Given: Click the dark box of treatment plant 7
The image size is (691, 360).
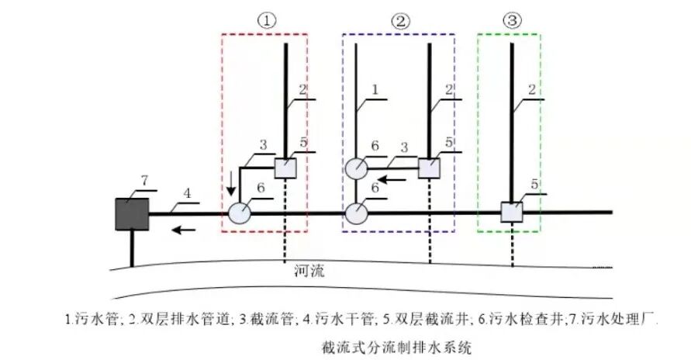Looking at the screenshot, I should click(132, 214).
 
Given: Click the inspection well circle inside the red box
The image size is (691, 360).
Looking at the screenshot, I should click(240, 213).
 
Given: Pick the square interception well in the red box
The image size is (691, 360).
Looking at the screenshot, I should click(285, 168).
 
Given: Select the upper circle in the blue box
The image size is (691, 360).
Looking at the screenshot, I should click(358, 168).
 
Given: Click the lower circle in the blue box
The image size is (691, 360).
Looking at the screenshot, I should click(358, 213).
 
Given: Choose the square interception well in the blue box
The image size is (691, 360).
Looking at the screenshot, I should click(429, 168).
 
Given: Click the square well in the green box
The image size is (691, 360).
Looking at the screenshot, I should click(512, 212).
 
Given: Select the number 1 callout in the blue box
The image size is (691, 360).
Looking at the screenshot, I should click(375, 90).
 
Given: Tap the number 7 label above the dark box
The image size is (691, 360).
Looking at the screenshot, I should click(143, 180).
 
